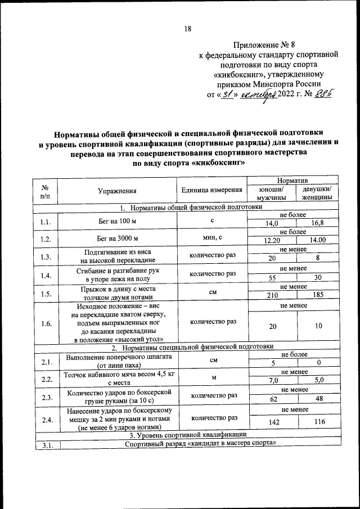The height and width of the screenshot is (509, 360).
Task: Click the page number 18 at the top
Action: point(187,29)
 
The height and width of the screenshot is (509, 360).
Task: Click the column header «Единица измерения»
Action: point(212,191)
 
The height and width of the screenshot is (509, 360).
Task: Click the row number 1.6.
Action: point(47,323)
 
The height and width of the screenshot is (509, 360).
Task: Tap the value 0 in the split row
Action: point(318,363)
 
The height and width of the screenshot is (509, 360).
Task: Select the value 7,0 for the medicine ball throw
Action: point(272,380)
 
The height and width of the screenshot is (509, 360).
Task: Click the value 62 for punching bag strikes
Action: point(272,399)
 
